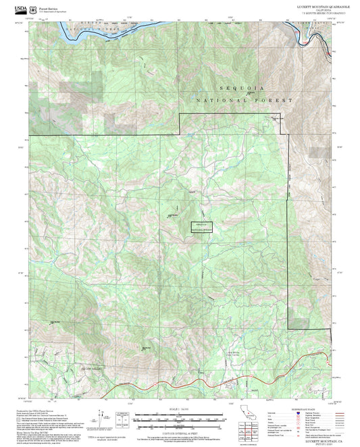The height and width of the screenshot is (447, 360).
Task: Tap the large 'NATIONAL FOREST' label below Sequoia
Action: click(x=244, y=100)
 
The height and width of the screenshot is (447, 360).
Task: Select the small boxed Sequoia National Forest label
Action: click(x=197, y=227)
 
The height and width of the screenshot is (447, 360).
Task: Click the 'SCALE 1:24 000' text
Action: click(x=180, y=409)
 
